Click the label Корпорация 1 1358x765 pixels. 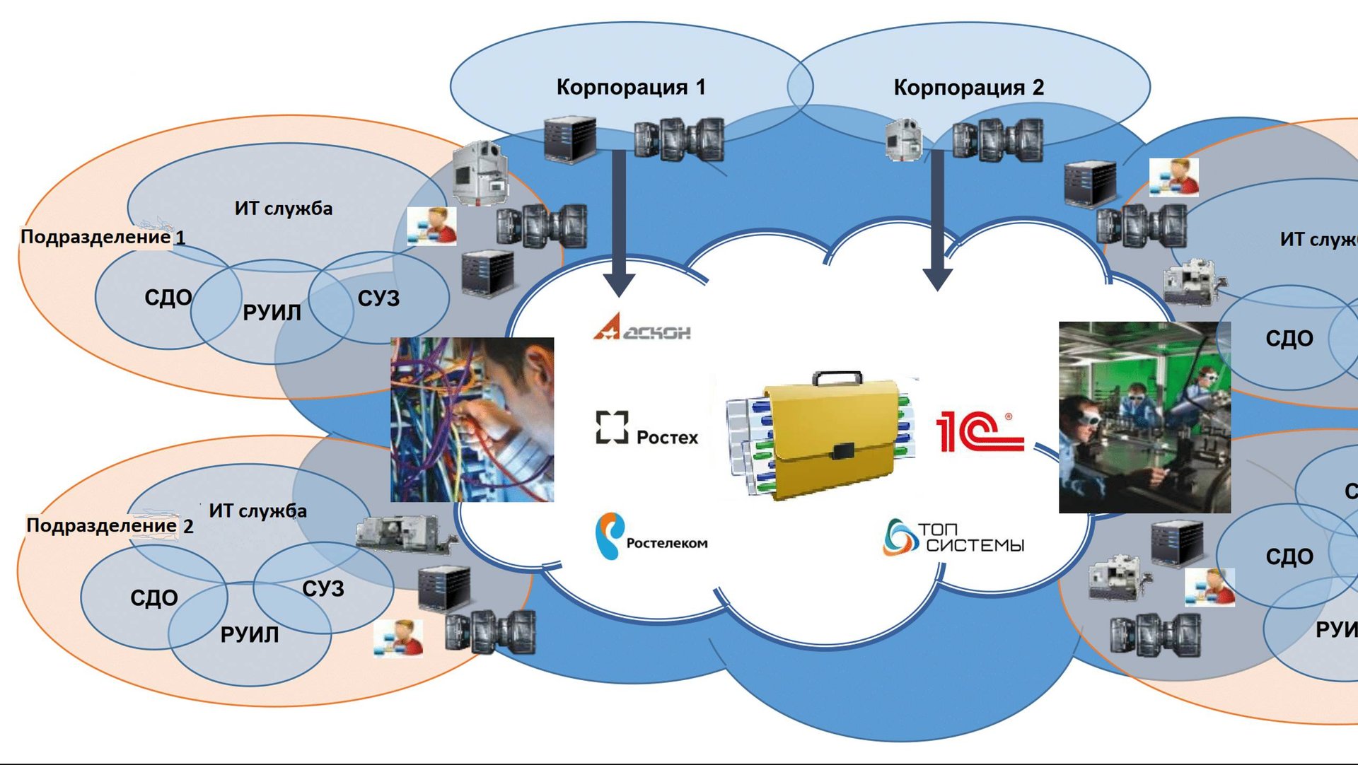630,87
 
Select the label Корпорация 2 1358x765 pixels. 968,88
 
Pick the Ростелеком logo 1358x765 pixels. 651,537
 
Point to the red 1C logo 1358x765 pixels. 979,431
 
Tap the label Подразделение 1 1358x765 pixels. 103,237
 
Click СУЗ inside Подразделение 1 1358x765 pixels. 378,298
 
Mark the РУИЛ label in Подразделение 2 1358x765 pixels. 250,634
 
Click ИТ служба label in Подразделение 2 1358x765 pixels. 257,510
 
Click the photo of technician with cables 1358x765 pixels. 472,419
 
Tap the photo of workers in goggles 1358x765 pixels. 1144,417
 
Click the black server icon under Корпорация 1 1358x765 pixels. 569,139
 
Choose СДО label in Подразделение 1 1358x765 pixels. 168,297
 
